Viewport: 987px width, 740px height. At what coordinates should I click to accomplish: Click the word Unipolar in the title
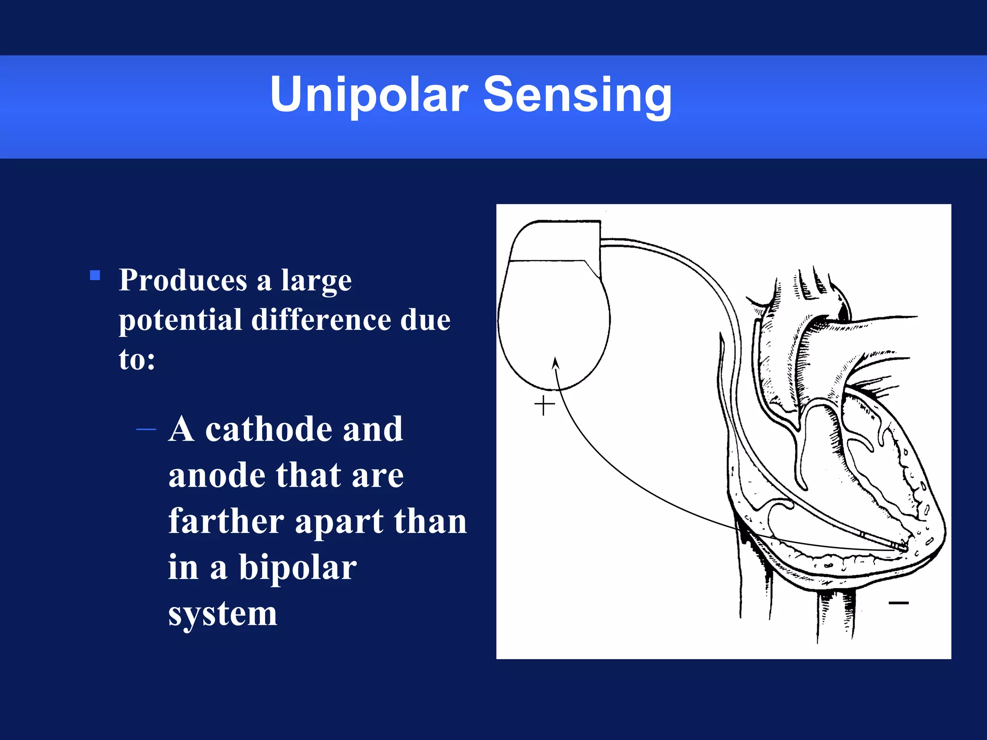click(369, 94)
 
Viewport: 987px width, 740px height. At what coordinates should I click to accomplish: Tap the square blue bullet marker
click(95, 276)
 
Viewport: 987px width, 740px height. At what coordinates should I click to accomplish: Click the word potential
click(180, 320)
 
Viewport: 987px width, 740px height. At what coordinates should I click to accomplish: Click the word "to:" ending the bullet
click(137, 359)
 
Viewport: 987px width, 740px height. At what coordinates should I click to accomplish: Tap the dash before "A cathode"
click(146, 429)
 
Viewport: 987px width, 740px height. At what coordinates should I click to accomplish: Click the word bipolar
click(297, 568)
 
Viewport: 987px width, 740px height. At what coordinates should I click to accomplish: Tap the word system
click(222, 614)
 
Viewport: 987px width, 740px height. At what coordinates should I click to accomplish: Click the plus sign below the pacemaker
click(545, 405)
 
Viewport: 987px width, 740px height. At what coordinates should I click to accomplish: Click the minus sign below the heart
click(898, 603)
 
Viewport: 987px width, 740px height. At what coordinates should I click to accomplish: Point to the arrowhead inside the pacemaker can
click(556, 363)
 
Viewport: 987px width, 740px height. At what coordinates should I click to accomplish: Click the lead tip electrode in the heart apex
click(902, 547)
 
